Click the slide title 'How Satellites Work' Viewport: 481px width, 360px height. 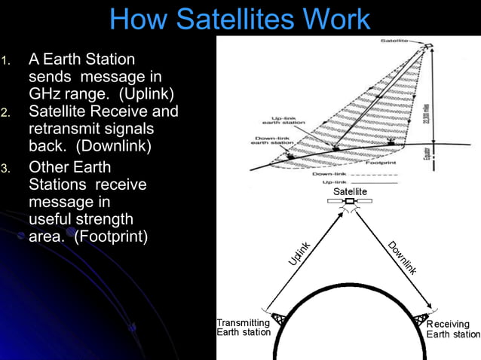coord(240,19)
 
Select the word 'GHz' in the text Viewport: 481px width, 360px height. coord(46,93)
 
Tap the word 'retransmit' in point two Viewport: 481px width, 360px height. coord(66,129)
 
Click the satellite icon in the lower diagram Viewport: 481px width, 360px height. coord(349,203)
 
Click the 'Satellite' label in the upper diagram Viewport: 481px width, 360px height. coord(396,40)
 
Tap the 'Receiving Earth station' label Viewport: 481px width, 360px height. coord(453,329)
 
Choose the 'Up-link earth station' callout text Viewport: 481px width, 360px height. coord(289,121)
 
